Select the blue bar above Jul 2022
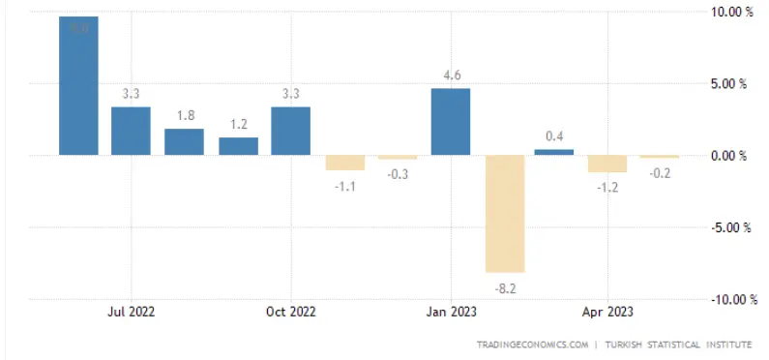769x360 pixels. (131, 131)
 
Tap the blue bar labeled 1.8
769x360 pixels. (184, 141)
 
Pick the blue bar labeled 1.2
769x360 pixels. (238, 146)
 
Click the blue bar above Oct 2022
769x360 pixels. (290, 131)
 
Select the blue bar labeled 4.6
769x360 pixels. (451, 122)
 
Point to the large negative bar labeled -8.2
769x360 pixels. (505, 213)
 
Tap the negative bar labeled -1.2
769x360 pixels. (607, 164)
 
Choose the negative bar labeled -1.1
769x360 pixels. (344, 163)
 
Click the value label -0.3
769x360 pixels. (398, 175)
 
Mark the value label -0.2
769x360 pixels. (660, 174)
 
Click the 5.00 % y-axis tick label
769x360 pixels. (729, 83)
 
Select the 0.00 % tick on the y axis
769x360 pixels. (729, 155)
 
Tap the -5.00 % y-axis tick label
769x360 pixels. (728, 227)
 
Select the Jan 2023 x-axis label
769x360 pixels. (451, 312)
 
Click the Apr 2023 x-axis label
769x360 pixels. (607, 312)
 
